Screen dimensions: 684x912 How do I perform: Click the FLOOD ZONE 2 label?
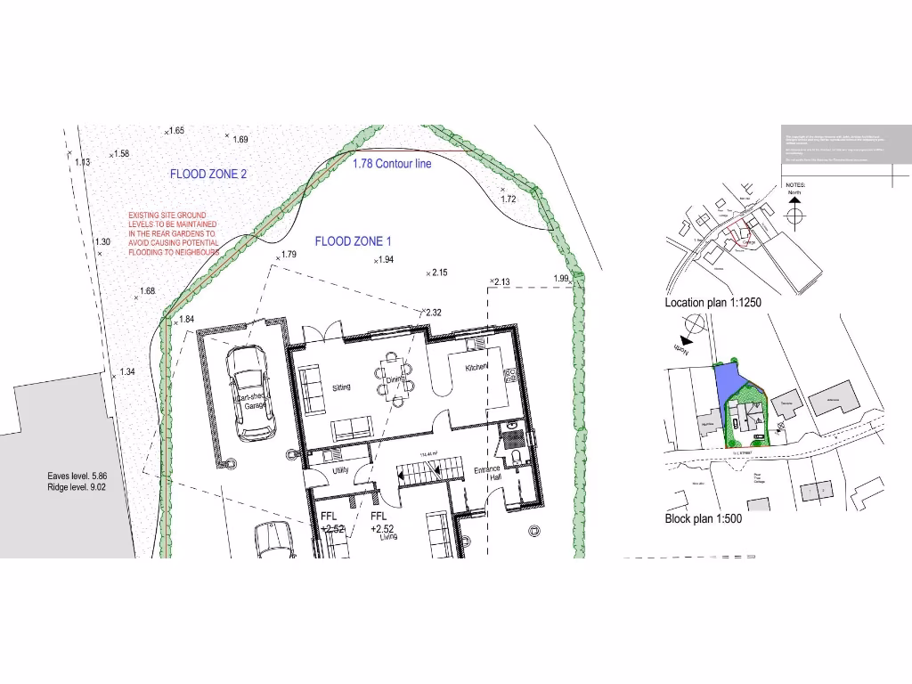(x=209, y=175)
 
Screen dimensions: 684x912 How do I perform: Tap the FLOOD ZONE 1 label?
(x=353, y=241)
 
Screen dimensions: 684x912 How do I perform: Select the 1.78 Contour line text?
(x=392, y=164)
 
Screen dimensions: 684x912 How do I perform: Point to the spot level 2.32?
(x=434, y=313)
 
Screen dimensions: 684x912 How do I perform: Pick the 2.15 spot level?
(x=439, y=273)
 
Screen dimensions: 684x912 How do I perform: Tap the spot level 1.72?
(x=509, y=199)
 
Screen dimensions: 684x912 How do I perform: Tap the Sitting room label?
(x=341, y=387)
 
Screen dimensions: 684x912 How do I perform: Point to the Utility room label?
(x=341, y=469)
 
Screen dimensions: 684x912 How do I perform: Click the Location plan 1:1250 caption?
(x=712, y=303)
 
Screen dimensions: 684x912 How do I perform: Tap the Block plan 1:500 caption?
(x=703, y=518)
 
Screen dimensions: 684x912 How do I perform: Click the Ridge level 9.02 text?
(x=77, y=488)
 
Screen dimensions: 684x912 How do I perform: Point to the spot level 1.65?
(x=175, y=131)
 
